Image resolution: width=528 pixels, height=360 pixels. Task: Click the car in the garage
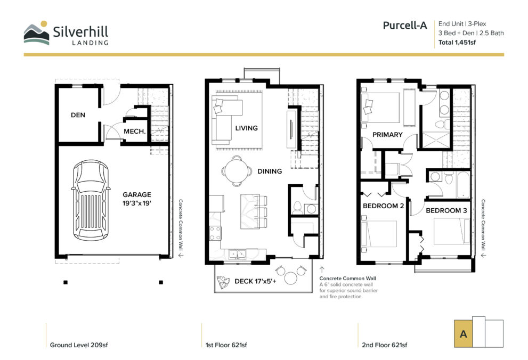[91, 200]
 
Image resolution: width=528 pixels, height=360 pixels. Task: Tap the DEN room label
[78, 115]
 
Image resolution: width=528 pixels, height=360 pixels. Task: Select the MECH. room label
[135, 131]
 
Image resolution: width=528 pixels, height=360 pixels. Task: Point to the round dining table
[237, 171]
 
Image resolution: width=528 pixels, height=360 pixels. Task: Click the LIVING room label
[247, 128]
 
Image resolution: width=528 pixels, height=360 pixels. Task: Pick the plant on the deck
[222, 282]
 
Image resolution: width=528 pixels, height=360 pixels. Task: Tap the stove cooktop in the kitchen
[215, 233]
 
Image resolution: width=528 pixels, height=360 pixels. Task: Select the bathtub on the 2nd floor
[463, 185]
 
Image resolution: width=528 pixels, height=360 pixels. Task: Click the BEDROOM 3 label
[446, 210]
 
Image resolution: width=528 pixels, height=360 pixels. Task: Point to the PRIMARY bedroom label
[387, 135]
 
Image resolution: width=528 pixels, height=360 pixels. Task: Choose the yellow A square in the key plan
[463, 333]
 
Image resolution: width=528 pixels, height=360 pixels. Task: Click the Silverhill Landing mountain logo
[37, 33]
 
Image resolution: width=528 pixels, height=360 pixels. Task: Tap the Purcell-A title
[405, 25]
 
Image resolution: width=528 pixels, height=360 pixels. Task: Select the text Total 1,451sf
[457, 43]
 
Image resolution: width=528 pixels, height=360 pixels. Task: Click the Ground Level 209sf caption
[79, 345]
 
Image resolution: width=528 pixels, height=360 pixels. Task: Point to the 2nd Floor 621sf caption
[385, 345]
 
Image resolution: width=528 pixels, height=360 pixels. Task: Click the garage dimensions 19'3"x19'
[137, 203]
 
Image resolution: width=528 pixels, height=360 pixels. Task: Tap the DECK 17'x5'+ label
[255, 281]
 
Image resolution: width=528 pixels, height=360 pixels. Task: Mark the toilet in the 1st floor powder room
[297, 208]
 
